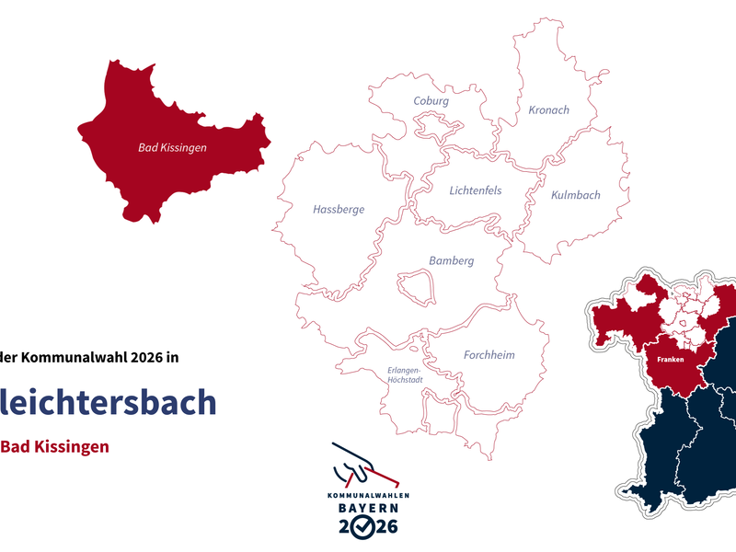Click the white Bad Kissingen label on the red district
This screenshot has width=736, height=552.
tap(172, 147)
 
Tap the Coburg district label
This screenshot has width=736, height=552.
tap(431, 101)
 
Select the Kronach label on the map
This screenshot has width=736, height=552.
tap(548, 110)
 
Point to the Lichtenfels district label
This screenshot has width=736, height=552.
tap(475, 190)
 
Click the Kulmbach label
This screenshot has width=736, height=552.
tap(575, 195)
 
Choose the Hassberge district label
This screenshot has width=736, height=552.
tap(339, 210)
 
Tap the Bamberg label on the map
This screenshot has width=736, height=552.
tap(451, 261)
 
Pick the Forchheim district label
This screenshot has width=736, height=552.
tap(489, 355)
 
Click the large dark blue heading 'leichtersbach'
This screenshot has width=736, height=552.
tap(109, 402)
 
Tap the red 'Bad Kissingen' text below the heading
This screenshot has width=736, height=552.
tap(54, 447)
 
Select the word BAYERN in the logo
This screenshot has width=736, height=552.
tap(367, 508)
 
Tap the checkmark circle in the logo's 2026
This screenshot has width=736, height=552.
tap(366, 527)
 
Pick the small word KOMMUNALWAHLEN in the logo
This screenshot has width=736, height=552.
tap(367, 495)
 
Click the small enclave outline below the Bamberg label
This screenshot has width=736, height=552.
tap(416, 285)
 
